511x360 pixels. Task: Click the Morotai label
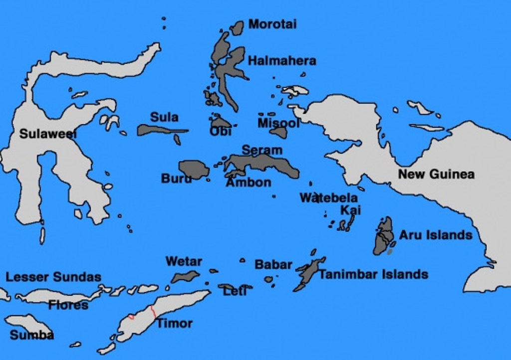(x=272, y=24)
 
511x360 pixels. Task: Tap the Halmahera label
(x=282, y=61)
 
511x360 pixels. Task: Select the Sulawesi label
(x=48, y=134)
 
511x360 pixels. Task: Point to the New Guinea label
(x=436, y=174)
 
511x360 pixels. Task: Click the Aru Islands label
(x=435, y=235)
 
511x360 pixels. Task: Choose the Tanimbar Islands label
(x=373, y=274)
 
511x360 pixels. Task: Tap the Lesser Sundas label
(x=53, y=277)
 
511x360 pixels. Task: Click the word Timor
(x=175, y=323)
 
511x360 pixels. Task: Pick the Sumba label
(x=31, y=335)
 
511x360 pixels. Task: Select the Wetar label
(x=184, y=261)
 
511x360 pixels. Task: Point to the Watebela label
(x=328, y=198)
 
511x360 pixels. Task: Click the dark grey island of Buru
(x=194, y=170)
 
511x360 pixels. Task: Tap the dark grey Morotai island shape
(x=237, y=27)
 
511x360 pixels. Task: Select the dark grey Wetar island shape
(x=185, y=276)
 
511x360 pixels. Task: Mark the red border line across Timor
(x=153, y=311)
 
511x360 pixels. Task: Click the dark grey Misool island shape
(x=279, y=132)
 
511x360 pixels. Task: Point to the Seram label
(x=262, y=150)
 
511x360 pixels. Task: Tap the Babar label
(x=273, y=264)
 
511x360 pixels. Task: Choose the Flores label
(x=68, y=305)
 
